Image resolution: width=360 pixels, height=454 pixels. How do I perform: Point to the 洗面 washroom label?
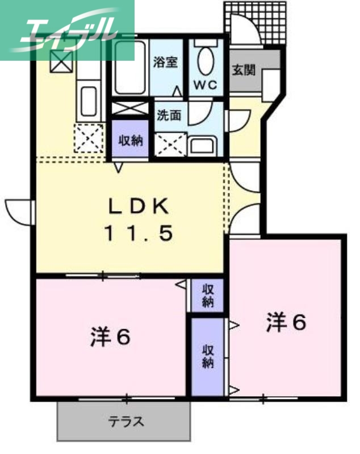tap(169, 115)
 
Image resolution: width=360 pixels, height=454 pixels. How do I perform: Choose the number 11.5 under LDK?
tap(137, 233)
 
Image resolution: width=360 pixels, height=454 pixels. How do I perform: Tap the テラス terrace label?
tap(126, 422)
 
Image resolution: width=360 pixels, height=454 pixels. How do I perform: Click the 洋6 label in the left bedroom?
tap(110, 338)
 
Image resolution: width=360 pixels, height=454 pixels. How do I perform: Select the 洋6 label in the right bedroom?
tap(286, 322)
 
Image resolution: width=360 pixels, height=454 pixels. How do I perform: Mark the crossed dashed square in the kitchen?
tap(89, 137)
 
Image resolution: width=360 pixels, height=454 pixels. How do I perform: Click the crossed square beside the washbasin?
tap(169, 144)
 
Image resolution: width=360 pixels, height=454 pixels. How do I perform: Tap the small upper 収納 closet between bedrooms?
tap(207, 295)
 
